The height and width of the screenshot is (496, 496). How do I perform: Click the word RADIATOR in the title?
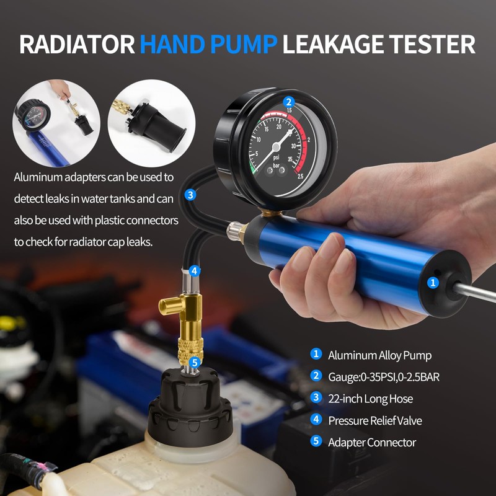[77, 44]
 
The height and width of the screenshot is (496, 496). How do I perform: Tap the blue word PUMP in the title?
[244, 44]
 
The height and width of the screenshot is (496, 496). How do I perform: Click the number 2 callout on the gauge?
[288, 102]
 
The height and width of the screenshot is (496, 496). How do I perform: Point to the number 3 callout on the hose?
[190, 195]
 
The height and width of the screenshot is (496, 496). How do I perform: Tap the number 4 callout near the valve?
[195, 271]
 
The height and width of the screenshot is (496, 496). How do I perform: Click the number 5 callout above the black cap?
[195, 363]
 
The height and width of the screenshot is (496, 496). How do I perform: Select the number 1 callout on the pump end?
[433, 283]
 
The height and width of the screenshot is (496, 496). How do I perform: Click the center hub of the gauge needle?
[276, 147]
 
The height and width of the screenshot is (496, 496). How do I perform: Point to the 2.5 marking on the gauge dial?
[300, 176]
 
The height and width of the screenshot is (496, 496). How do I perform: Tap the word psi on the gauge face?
[276, 157]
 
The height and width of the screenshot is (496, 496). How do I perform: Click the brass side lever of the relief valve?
[171, 306]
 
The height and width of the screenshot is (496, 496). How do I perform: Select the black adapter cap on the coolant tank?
[190, 408]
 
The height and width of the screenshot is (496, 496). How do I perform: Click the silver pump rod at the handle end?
[474, 293]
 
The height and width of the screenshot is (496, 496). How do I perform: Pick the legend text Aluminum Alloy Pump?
[379, 355]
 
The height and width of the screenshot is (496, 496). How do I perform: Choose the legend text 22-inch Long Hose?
[370, 399]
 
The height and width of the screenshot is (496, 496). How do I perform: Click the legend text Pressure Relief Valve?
[375, 421]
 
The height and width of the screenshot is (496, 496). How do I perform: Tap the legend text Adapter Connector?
[372, 443]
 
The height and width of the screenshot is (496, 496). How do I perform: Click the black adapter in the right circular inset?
[157, 125]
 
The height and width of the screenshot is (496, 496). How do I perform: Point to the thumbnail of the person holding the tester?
[56, 123]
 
